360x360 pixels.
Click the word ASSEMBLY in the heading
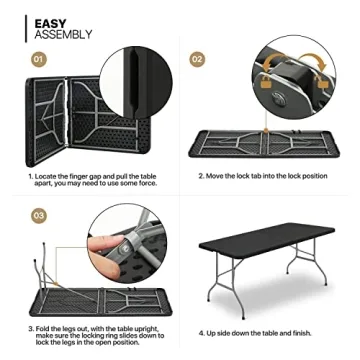click(x=63, y=34)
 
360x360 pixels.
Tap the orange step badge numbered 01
click(x=38, y=60)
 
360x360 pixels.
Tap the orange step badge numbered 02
click(x=197, y=60)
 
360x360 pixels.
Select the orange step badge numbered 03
click(x=38, y=215)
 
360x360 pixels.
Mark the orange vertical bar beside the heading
click(x=26, y=27)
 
